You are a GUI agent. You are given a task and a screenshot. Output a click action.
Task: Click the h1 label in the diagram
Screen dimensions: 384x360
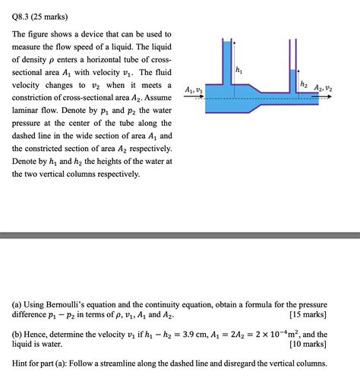[x=241, y=71]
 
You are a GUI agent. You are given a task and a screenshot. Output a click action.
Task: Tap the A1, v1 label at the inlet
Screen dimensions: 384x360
[x=194, y=90]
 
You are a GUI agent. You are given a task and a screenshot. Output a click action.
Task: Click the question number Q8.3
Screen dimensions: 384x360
[x=23, y=14]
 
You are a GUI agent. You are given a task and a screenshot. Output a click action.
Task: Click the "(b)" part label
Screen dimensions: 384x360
[x=19, y=334]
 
